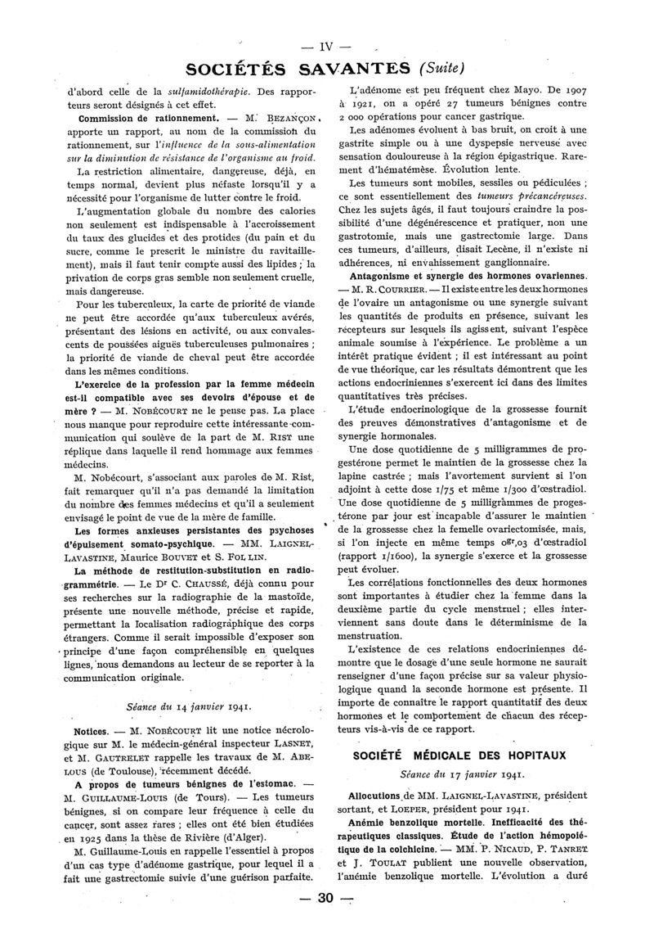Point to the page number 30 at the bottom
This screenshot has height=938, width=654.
[x=327, y=899]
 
